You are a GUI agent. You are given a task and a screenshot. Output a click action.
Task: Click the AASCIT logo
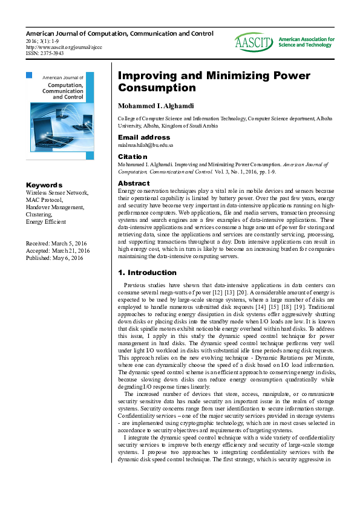click(254, 42)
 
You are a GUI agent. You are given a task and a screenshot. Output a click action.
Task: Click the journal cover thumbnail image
click(60, 107)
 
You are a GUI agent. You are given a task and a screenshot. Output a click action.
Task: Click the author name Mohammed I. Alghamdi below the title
click(156, 106)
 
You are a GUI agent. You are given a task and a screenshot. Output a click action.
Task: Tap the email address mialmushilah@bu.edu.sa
click(145, 145)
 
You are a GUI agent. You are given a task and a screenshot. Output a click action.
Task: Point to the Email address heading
click(144, 137)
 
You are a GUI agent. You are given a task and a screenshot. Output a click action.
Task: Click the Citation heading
click(132, 156)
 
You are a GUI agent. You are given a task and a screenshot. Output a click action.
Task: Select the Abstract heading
click(134, 183)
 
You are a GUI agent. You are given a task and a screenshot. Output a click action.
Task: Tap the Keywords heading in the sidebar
click(44, 185)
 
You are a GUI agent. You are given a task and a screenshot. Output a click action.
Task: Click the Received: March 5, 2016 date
click(56, 243)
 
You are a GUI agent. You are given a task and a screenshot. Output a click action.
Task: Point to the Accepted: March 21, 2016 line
click(57, 250)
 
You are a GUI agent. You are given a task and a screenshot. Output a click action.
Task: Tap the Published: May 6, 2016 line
click(55, 258)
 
